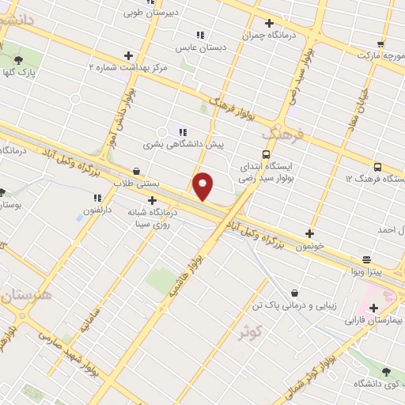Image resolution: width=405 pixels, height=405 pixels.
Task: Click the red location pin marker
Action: pyautogui.click(x=203, y=185)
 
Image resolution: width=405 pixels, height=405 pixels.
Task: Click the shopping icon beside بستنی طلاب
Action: pyautogui.click(x=137, y=170)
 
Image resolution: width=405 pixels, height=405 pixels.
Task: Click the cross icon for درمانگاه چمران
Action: pyautogui.click(x=269, y=23)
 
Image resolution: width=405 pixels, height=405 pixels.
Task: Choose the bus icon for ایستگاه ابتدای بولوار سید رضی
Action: pyautogui.click(x=267, y=154)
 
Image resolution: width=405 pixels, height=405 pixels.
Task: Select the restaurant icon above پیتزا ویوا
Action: pyautogui.click(x=366, y=259)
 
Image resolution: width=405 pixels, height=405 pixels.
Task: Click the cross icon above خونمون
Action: pyautogui.click(x=309, y=233)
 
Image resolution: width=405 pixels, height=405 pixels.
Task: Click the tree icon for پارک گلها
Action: pyautogui.click(x=18, y=59)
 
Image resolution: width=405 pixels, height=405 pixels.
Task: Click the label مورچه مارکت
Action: pyautogui.click(x=380, y=56)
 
